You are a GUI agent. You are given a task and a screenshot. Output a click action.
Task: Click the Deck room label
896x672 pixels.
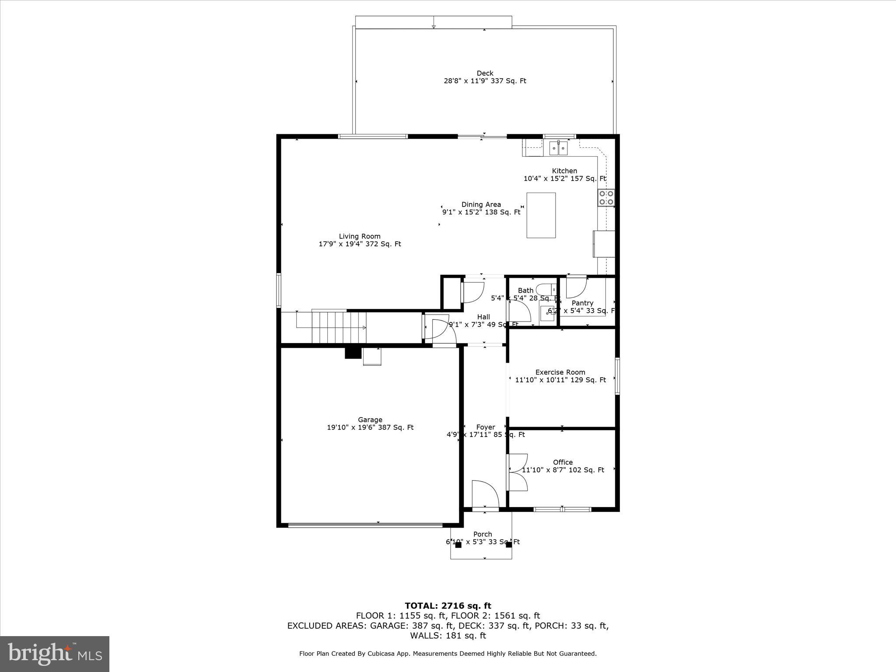point(485,73)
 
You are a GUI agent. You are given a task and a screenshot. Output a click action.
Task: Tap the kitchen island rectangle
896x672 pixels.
point(541,215)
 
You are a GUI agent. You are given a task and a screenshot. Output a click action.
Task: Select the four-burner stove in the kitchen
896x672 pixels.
point(606,198)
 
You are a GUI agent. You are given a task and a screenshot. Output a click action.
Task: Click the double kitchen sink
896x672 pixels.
point(559,148)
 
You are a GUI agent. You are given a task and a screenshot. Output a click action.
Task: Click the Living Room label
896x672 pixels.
point(360,236)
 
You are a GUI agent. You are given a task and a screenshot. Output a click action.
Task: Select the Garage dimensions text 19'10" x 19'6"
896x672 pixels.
point(370,427)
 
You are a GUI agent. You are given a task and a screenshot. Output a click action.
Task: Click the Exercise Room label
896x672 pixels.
point(560,372)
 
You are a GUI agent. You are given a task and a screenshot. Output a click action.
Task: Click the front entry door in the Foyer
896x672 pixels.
point(485,494)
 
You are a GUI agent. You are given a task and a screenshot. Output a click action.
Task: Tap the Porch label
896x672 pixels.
point(483,534)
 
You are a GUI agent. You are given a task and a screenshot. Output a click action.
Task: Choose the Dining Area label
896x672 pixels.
point(481,204)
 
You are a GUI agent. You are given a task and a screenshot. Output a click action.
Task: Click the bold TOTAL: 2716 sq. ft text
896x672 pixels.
point(448,606)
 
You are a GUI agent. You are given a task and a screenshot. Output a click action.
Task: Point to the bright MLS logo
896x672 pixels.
point(55,654)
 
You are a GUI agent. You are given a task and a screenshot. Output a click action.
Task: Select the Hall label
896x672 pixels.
point(483,317)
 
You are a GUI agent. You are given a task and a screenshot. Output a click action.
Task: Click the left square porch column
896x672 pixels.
point(458,545)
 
